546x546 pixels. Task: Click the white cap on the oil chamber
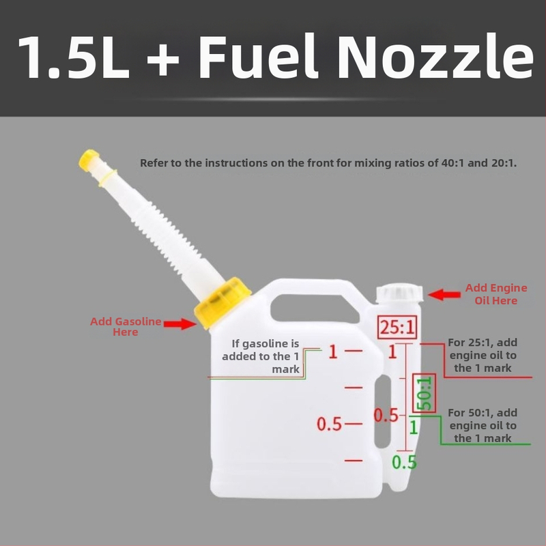pos(399,293)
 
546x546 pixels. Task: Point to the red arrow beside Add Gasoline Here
pos(180,324)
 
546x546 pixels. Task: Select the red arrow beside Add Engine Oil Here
pos(444,295)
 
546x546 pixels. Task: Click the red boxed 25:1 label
pos(397,328)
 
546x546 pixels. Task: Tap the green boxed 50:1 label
pos(424,393)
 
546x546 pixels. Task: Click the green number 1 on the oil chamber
pos(414,427)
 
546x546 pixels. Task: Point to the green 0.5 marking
pos(404,462)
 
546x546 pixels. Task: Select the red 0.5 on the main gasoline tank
pos(329,424)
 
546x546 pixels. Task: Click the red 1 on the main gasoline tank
pos(333,351)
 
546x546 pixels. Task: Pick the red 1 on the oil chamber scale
pos(393,351)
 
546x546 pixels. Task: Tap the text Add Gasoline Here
pos(126,326)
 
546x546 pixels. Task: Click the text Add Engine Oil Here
pos(496,294)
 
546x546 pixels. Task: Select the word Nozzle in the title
pos(435,56)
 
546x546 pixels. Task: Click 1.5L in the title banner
pos(74,57)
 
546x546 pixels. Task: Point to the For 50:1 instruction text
pos(483,425)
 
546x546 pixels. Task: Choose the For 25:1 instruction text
pos(483,355)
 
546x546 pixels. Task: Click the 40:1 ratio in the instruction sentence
pos(452,163)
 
